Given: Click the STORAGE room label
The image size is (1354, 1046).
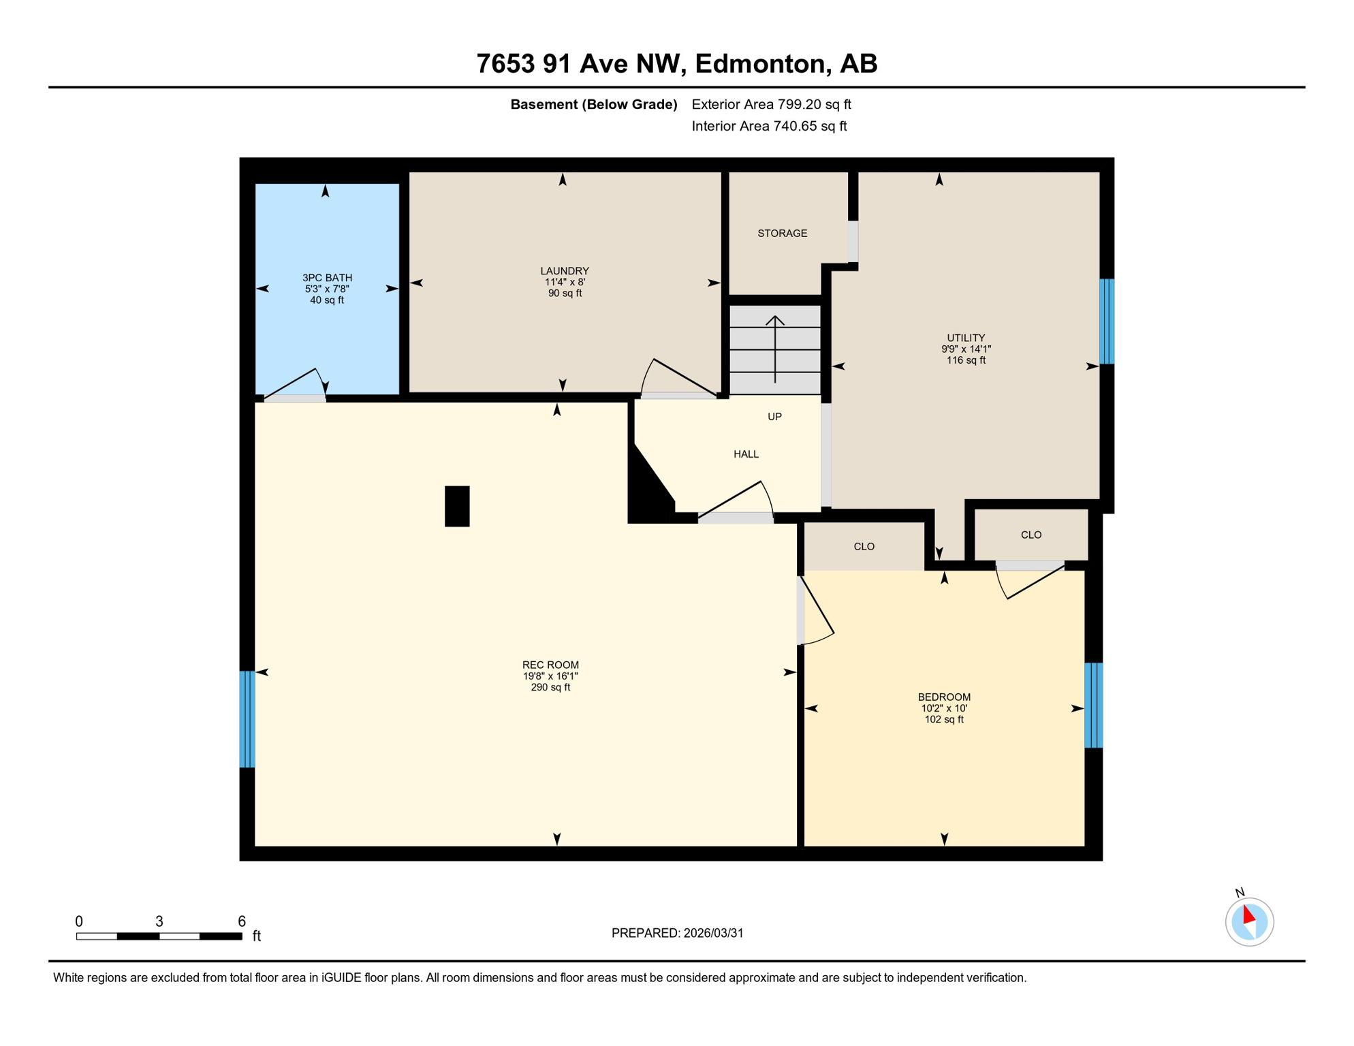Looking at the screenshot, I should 782,234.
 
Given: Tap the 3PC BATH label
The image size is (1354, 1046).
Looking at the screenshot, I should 327,278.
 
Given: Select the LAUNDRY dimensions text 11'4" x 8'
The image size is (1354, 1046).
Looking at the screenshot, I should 565,282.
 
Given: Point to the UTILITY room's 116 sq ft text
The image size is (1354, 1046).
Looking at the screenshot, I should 965,360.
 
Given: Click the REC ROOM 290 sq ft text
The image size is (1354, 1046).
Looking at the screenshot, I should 550,687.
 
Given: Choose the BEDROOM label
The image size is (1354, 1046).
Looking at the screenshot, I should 943,697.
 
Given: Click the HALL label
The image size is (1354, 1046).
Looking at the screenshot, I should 746,454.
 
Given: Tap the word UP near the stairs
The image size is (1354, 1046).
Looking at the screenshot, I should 774,417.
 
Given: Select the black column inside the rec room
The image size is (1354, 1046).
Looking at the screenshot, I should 457,506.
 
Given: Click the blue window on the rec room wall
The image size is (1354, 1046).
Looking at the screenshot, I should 247,719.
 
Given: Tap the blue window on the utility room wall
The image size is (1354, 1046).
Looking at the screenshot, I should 1107,321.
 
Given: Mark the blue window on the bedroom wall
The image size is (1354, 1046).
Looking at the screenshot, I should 1092,705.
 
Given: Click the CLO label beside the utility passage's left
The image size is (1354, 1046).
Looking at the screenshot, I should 864,547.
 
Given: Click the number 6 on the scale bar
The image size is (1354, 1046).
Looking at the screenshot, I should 242,921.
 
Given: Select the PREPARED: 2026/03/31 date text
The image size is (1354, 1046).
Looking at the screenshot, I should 677,933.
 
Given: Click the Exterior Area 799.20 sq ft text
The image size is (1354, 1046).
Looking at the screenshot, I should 771,104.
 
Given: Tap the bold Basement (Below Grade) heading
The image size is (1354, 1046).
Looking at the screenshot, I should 593,104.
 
